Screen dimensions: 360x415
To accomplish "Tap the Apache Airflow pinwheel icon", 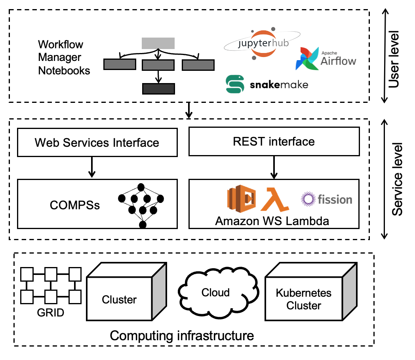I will pos(307,59).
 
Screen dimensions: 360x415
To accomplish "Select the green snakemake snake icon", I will pos(234,84).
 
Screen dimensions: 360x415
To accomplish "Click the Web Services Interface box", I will pos(97,142).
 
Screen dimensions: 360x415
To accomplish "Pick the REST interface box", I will pos(274,141).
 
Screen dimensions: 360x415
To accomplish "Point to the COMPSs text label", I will pos(75,205).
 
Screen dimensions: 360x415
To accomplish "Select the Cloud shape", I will pos(215,293).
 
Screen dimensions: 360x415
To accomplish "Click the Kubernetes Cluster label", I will pos(304,299).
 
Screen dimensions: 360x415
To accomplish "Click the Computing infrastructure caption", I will pos(182,336).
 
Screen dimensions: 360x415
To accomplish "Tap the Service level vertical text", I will pos(397,179).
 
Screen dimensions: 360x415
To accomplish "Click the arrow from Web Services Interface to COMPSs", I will pos(92,167).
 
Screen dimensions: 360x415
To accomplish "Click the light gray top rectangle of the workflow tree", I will pos(158,43).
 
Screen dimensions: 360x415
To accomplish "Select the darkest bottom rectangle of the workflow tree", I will pos(158,89).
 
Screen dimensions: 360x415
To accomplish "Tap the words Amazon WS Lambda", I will pos(272,221).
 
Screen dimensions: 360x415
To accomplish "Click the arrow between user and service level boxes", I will pos(189,110).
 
